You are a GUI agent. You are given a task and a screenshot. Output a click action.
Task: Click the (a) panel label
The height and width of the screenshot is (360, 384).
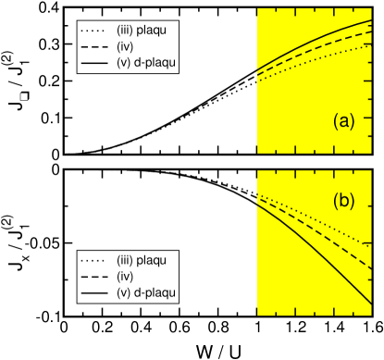(344, 121)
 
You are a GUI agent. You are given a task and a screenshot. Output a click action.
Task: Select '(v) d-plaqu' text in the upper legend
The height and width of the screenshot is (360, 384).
(146, 62)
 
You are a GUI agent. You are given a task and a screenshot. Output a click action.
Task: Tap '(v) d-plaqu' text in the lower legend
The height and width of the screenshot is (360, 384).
(146, 293)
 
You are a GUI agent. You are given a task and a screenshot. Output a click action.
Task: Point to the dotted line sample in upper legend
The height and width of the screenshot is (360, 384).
(95, 30)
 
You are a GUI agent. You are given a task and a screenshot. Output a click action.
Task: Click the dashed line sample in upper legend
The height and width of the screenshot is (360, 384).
(95, 46)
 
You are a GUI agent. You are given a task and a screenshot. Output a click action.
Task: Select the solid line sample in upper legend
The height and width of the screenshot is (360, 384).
(95, 62)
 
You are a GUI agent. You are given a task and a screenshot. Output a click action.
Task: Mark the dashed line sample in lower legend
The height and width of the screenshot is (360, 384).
(95, 277)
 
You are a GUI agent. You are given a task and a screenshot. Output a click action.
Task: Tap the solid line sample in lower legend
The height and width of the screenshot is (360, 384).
(95, 293)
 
